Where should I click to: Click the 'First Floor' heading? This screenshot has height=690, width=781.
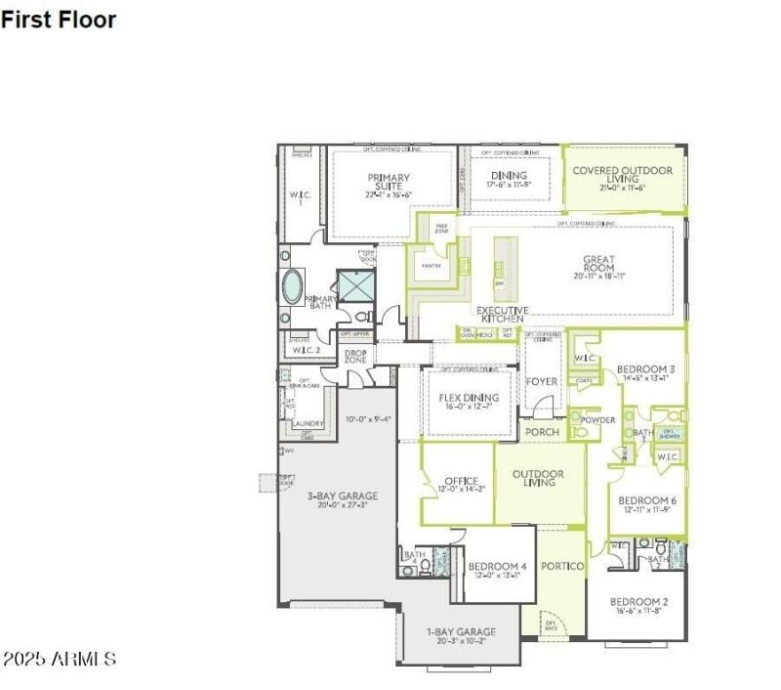59,20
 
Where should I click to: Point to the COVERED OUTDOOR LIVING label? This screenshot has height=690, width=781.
622,175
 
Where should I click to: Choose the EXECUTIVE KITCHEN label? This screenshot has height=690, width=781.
502,316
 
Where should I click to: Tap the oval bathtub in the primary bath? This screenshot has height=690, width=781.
292,286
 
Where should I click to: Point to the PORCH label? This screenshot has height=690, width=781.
542,431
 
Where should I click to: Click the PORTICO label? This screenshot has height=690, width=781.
562,566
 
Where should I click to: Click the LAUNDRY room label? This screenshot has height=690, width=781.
308,423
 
